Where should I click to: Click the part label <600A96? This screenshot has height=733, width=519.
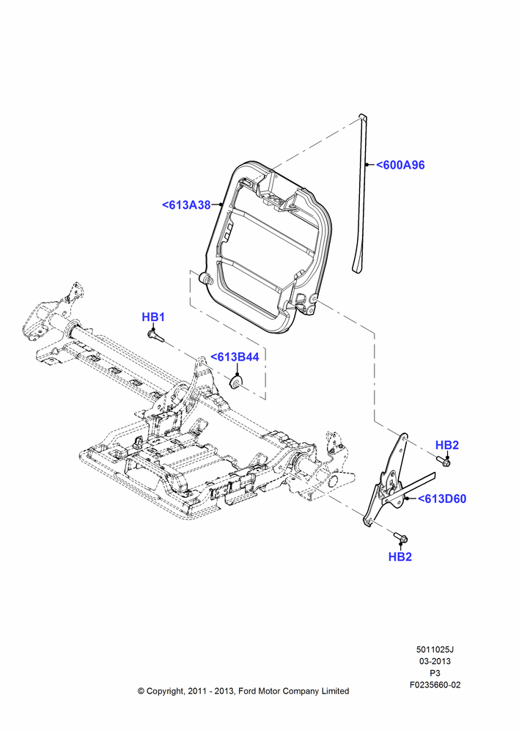point(401,165)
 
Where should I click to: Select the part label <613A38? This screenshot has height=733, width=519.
point(186,205)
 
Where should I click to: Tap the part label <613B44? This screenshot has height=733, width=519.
point(235,357)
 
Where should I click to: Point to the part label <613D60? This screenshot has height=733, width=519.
point(442,498)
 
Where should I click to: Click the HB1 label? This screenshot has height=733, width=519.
point(153,317)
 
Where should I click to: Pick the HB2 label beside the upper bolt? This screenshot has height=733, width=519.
point(447,445)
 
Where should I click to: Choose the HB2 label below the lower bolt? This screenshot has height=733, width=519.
point(400,557)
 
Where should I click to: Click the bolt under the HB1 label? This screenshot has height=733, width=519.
point(153,335)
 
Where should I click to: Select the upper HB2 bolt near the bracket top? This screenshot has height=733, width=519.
point(444,462)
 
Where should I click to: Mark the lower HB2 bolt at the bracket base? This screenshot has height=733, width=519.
point(401,537)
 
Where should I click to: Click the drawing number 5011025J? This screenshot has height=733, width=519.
point(435,649)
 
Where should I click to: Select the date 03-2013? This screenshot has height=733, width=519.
point(435,661)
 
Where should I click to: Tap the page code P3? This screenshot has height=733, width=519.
point(435,673)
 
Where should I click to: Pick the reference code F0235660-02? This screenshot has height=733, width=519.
point(435,685)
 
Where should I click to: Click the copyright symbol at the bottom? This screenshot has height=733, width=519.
point(141,691)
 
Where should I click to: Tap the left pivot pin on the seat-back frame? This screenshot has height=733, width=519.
point(205,279)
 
